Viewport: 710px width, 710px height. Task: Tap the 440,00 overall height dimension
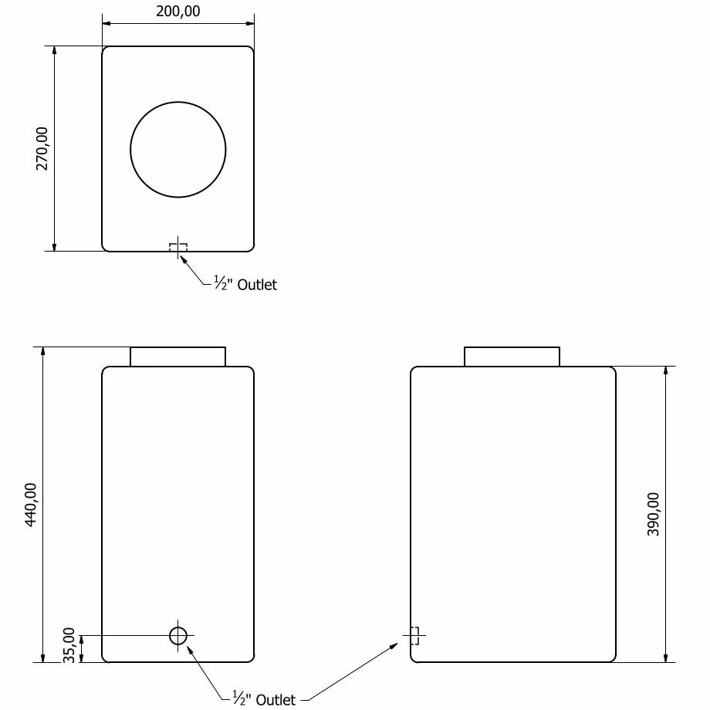coord(31,505)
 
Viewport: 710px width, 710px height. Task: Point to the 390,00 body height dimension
coord(653,514)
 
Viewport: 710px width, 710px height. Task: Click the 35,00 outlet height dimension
coord(69,644)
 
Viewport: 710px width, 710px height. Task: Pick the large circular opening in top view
coord(178,150)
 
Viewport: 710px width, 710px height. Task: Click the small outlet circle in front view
coord(178,636)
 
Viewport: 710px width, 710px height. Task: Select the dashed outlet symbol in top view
coord(178,248)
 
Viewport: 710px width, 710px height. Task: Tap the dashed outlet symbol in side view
coord(414,636)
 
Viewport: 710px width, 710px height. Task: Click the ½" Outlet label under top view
coord(245,285)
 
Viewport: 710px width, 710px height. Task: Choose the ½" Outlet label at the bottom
coord(264,700)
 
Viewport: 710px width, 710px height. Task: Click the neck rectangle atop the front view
coord(177,357)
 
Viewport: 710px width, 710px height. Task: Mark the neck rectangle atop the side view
coord(512,357)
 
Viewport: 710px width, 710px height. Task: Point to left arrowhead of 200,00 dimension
coord(106,23)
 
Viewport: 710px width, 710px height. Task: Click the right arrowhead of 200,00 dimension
coord(249,23)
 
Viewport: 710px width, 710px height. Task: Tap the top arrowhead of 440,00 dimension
coord(42,352)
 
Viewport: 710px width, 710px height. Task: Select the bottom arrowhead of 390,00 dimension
coord(666,657)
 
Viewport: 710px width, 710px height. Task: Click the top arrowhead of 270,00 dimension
coord(54,51)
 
